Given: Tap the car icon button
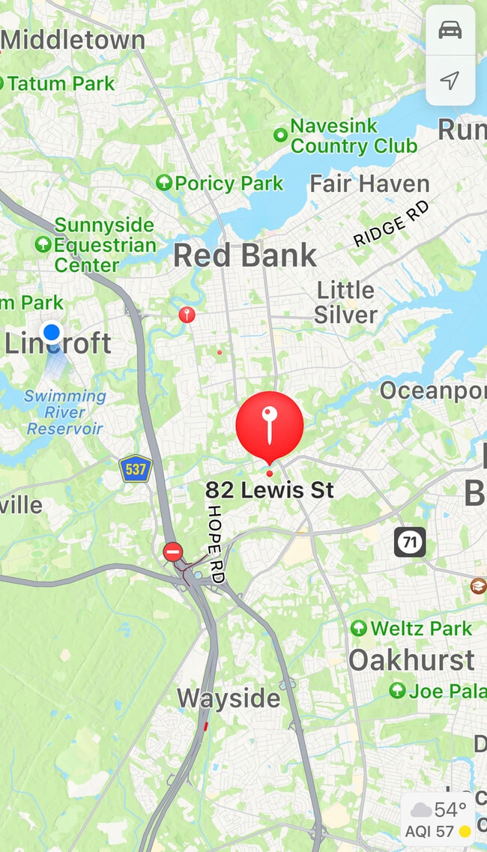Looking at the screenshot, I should (x=450, y=31).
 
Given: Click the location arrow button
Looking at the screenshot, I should (x=450, y=81).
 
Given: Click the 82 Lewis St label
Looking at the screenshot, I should (x=270, y=490).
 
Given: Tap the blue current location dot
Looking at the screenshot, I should (x=52, y=332).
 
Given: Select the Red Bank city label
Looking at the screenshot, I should (x=245, y=256).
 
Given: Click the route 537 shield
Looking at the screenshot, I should (x=136, y=470).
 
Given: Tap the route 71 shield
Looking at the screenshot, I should (x=410, y=542).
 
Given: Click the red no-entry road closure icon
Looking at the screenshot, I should (x=173, y=553).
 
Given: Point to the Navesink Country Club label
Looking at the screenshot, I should (x=353, y=136).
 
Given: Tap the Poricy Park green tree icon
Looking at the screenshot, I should (x=163, y=182).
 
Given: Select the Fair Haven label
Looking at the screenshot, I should (x=369, y=184).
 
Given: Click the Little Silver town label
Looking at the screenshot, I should (x=345, y=302).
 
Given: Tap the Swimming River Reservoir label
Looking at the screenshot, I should (x=65, y=412).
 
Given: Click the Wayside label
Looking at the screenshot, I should (x=229, y=698).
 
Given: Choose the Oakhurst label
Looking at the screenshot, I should (x=411, y=660).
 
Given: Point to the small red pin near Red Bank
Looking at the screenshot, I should (x=187, y=315).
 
